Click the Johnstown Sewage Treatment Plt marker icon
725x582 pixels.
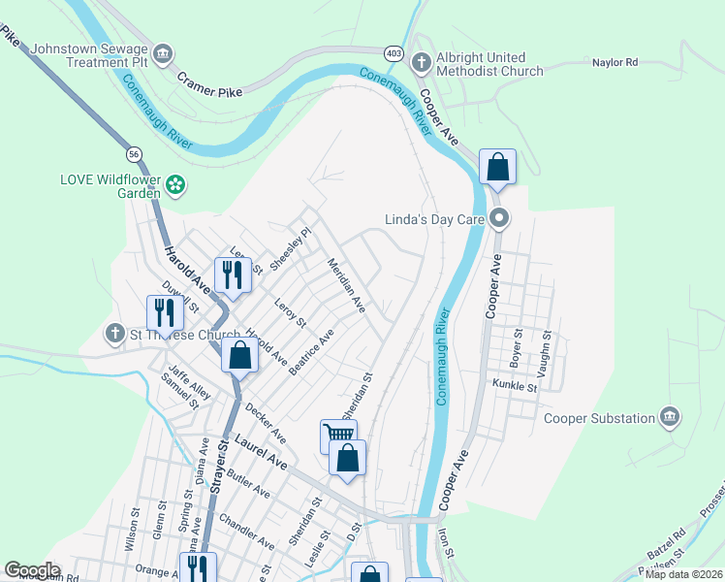point(163,52)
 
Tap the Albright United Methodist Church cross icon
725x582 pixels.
point(421,63)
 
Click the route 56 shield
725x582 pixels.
point(134,154)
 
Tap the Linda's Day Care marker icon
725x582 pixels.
point(499,218)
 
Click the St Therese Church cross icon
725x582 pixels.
point(114,334)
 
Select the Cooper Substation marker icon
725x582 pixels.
point(669,417)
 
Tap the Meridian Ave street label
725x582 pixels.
point(346,284)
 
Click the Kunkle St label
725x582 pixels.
point(514,386)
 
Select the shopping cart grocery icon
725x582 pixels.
point(337,436)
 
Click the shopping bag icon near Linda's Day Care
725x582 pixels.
point(497,167)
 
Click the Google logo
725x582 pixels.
point(32,570)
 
